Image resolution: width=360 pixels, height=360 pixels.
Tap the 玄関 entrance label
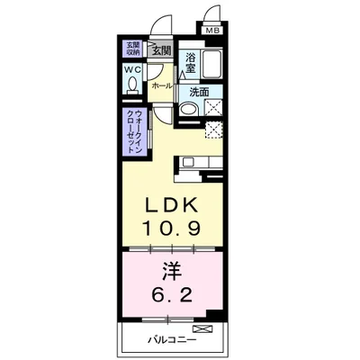pos(161,51)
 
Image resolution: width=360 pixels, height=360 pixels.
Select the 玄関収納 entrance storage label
pos(132,51)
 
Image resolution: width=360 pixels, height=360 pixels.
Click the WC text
pos(131,70)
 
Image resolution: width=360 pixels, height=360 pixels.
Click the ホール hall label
pos(162,85)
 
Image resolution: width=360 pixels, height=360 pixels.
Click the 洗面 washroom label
pos(199,92)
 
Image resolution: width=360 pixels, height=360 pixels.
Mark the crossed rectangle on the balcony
pos(204,328)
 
